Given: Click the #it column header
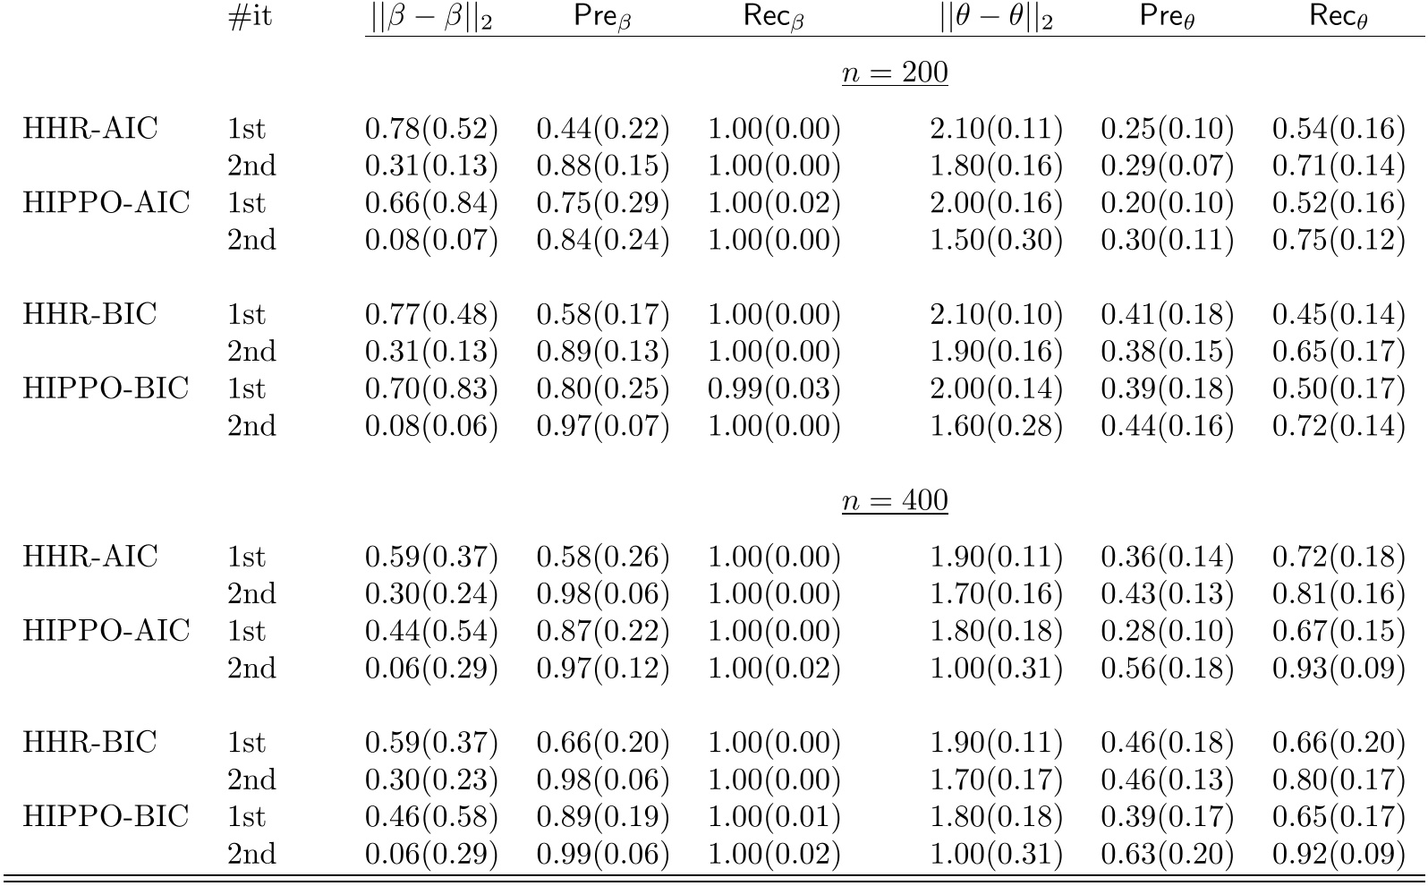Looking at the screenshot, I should pos(250,19).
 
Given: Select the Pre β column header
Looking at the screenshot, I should pos(602,19).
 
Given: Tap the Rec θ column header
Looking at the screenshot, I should pos(1338,19).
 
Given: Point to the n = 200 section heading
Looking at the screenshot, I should pos(894,72).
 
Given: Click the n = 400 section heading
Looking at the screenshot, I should pos(894,501).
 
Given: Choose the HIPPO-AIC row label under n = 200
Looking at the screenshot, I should pos(106,203).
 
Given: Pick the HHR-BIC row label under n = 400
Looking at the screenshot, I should pos(89,743).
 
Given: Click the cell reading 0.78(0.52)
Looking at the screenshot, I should pos(431,130).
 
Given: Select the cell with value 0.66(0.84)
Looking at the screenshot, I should pos(431,203).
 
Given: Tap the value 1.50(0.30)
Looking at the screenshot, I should pos(996,241).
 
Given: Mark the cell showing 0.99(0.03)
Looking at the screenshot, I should pos(774,389).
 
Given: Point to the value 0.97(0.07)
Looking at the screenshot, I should pos(602,426).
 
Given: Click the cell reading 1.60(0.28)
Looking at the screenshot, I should pos(996,426).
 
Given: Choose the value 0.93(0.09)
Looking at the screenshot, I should pos(1339,669).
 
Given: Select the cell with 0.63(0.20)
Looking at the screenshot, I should pos(1167,854).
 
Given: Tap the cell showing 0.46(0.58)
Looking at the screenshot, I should pos(431,817).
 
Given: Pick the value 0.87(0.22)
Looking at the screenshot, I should pos(602,632).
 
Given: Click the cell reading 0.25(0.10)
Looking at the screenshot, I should pos(1167,130).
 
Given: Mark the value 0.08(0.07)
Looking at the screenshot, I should pos(431,241).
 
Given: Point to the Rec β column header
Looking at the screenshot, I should pos(774,19).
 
